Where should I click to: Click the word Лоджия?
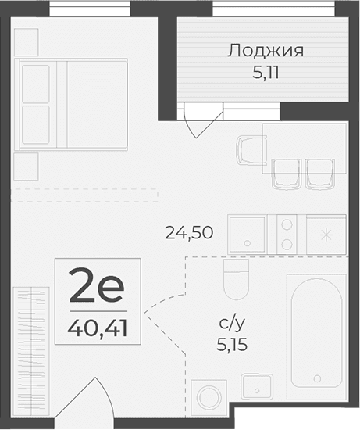pos(265,52)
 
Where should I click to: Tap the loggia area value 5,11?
pos(265,77)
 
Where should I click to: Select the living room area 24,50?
pos(189,231)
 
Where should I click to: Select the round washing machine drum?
pos(208,397)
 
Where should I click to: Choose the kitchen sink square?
pos(248,233)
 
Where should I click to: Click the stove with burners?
pos(287,233)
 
